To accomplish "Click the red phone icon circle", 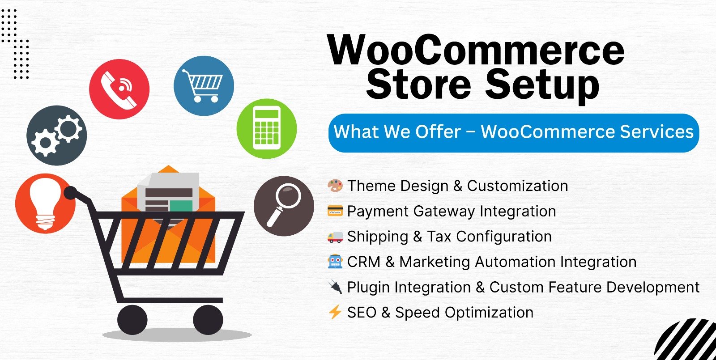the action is coord(119,89).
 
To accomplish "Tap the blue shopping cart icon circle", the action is coord(204,86).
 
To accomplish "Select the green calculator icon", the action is coord(267,129).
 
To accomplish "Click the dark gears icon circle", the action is coord(56,136).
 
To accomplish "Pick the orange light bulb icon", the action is coord(45,203).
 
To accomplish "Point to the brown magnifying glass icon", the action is coord(284,206).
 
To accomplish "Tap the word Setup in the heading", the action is coord(542,85).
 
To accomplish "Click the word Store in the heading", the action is coord(418,85).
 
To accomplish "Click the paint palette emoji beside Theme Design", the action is coord(335,186).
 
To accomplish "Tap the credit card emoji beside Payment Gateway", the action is coord(335,211).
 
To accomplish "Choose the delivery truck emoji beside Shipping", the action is coord(335,237).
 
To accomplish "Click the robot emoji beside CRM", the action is coord(335,262).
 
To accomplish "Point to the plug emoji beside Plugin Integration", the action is coord(336,287).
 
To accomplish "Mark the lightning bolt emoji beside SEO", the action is coord(335,312).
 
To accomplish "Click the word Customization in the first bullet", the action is coord(517,186).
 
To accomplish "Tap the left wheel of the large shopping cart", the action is coord(132,320).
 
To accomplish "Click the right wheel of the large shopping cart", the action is coord(208,320).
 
